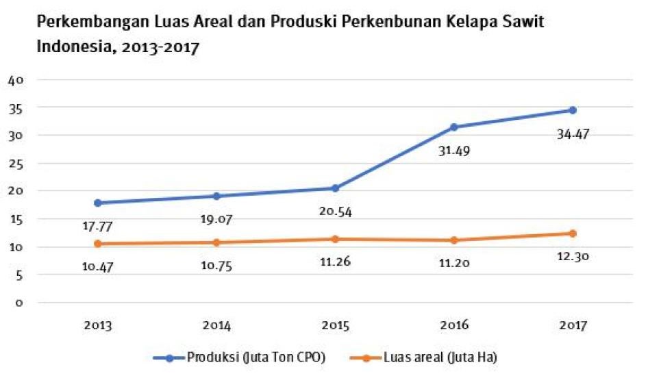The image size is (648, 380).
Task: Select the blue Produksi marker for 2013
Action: (97, 203)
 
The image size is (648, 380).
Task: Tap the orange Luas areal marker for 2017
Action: (573, 233)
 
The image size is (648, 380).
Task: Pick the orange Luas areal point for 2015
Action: (336, 239)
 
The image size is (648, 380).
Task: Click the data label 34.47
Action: (573, 134)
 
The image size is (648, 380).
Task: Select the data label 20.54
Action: (335, 212)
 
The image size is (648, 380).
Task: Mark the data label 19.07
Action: (216, 221)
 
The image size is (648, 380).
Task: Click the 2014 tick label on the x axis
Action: (216, 326)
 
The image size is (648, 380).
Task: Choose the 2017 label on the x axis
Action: (573, 326)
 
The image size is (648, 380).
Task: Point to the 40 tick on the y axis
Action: (16, 79)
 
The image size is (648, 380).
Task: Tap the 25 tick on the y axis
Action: (16, 164)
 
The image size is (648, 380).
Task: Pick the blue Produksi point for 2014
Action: (216, 196)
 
